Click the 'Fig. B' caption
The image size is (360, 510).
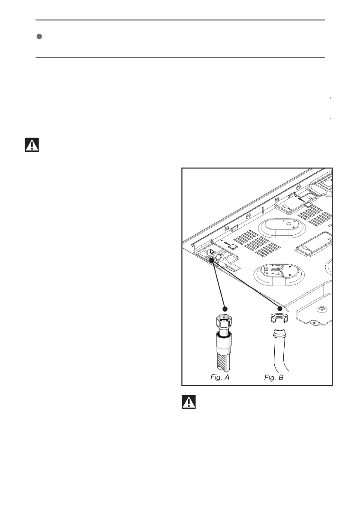click(274, 378)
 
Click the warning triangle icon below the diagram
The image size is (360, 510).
click(189, 402)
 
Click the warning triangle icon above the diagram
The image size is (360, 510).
click(31, 145)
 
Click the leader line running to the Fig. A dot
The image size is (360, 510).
click(219, 283)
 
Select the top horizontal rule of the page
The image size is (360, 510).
click(180, 20)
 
